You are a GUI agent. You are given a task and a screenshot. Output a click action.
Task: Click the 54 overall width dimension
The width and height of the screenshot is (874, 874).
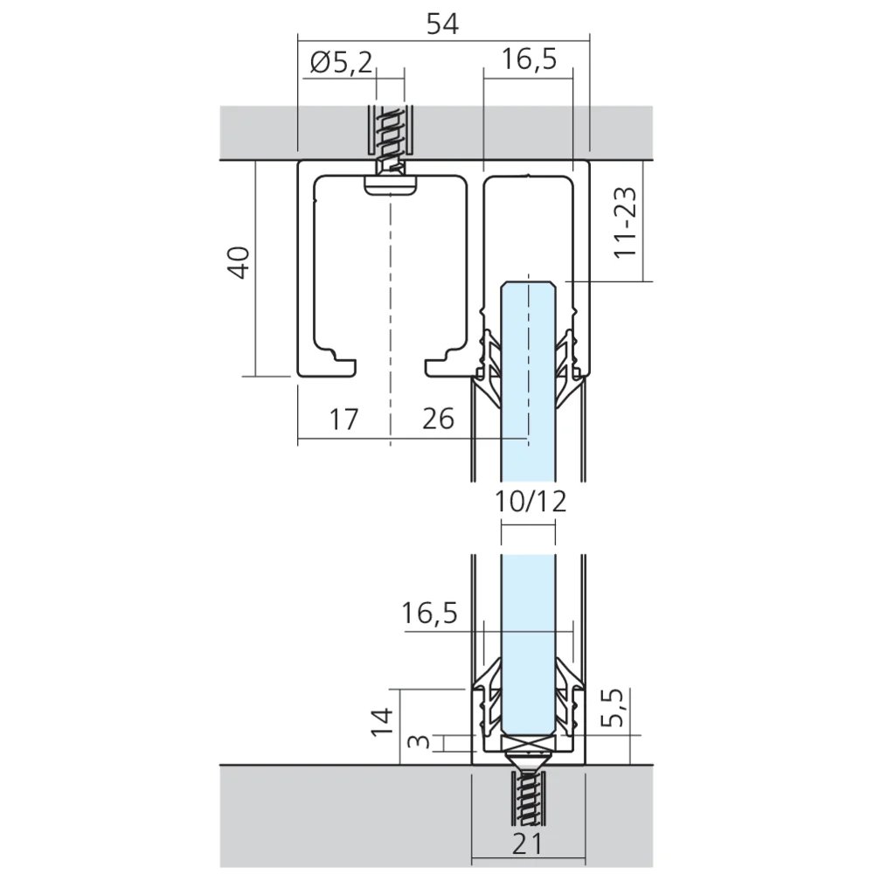point(442,25)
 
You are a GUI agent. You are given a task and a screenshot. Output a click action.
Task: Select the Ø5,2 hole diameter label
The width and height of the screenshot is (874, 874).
point(341,62)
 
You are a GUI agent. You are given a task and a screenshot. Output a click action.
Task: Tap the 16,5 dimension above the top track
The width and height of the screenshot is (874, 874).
point(530,62)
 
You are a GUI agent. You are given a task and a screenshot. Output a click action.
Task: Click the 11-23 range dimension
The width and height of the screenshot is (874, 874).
point(625,225)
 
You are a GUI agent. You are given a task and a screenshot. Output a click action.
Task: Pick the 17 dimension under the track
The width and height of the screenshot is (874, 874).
point(343,420)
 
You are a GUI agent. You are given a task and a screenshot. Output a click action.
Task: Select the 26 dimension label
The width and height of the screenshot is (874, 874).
point(438,420)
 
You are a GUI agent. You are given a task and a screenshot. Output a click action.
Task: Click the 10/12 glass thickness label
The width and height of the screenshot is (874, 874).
point(530,501)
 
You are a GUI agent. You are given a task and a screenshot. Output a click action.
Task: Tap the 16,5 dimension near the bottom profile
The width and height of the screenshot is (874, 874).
point(430,614)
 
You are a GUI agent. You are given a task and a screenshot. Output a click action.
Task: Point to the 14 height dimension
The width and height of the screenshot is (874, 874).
point(382,723)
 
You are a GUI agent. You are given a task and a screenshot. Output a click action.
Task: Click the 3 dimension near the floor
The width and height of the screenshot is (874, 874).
point(420,744)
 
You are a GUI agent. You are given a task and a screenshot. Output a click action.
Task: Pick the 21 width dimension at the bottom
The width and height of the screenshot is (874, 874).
point(528,844)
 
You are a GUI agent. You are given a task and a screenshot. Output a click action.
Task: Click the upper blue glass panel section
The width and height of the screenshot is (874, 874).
point(528,367)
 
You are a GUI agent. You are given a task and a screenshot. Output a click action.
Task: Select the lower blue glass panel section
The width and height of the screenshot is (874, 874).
point(528,647)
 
